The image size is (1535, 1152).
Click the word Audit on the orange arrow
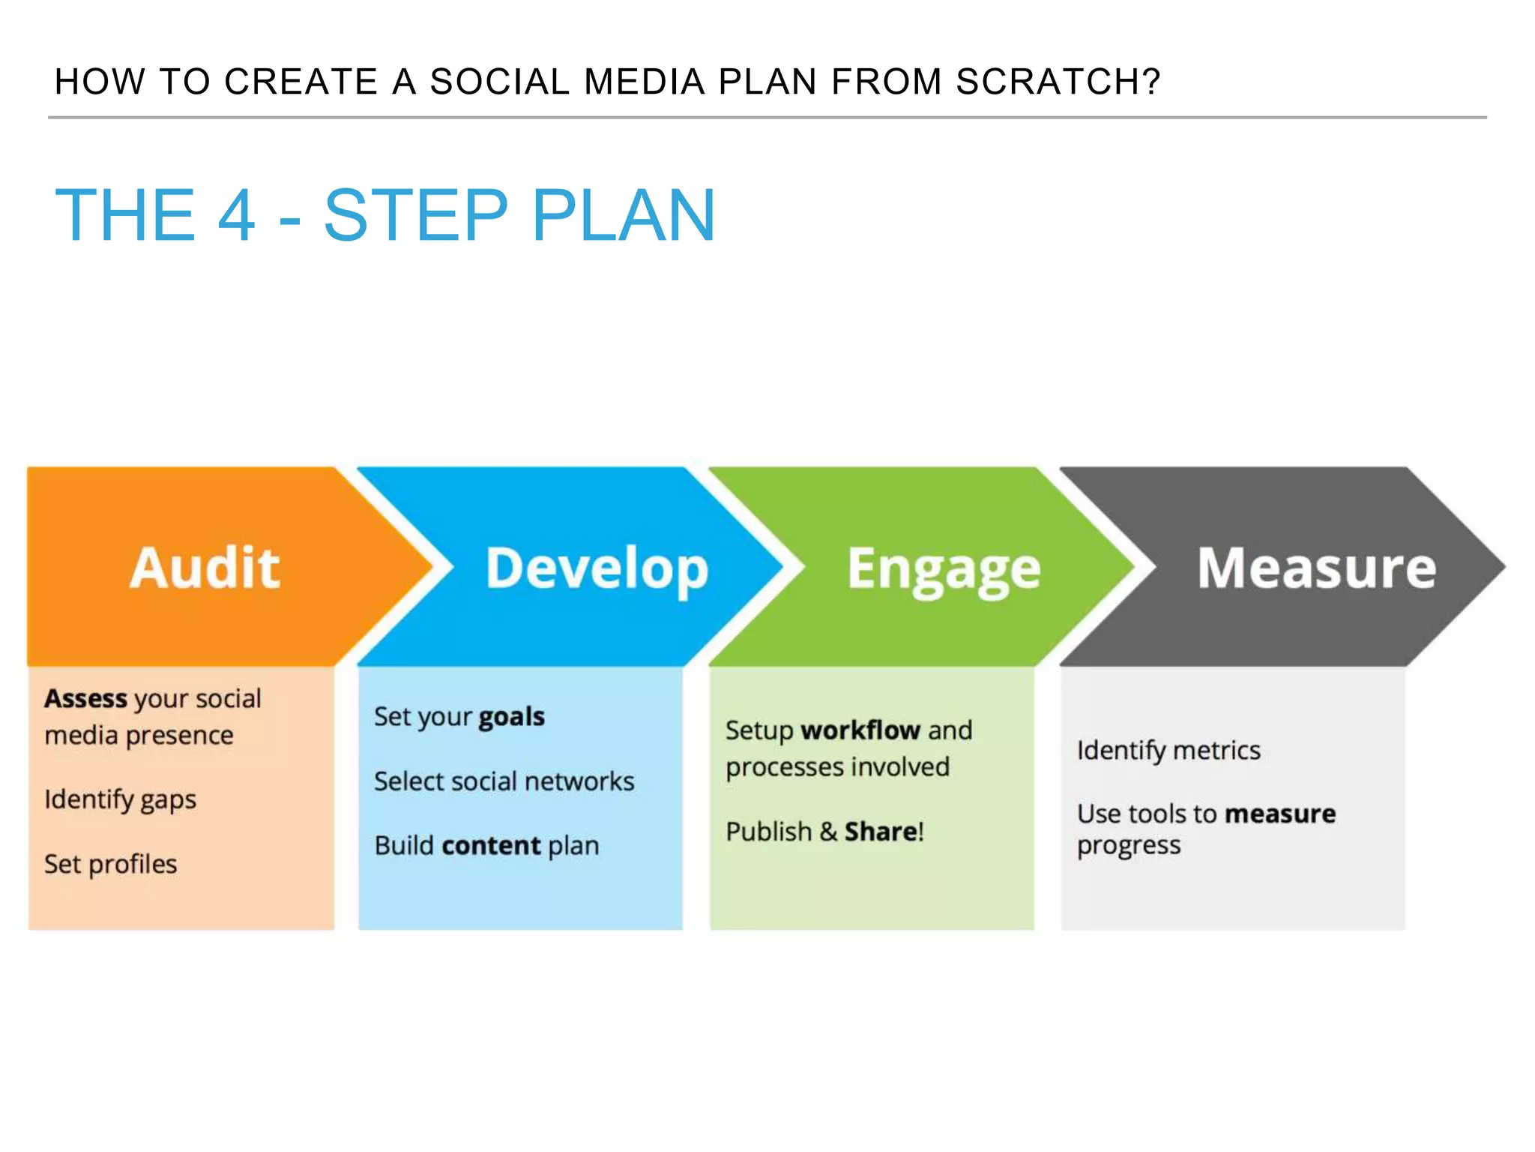tap(205, 568)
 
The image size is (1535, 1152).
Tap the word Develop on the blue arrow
tap(597, 569)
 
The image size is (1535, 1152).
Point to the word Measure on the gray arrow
tap(1316, 568)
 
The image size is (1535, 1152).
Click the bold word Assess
tap(85, 698)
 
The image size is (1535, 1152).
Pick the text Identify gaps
tap(120, 799)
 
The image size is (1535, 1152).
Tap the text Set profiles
tap(110, 864)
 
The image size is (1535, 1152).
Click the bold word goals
tap(511, 717)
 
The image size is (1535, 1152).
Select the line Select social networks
tap(504, 781)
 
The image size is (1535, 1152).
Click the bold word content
tap(491, 846)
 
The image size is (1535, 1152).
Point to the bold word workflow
tap(860, 730)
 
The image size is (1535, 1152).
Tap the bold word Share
tap(881, 832)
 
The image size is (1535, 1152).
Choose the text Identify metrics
tap(1168, 750)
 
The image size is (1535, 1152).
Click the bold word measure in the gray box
tap(1280, 814)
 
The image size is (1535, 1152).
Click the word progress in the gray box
tap(1128, 846)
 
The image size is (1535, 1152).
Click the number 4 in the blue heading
tap(236, 216)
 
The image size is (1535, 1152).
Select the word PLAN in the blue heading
tap(624, 216)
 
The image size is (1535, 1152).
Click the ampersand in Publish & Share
tap(827, 832)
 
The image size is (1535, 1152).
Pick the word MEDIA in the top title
tap(644, 82)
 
